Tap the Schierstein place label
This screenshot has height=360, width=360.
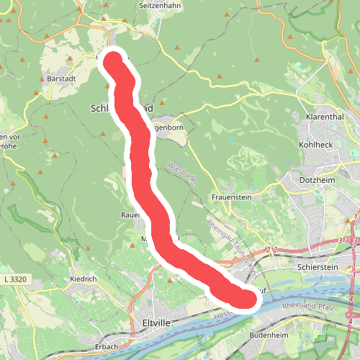[x=317, y=266]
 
